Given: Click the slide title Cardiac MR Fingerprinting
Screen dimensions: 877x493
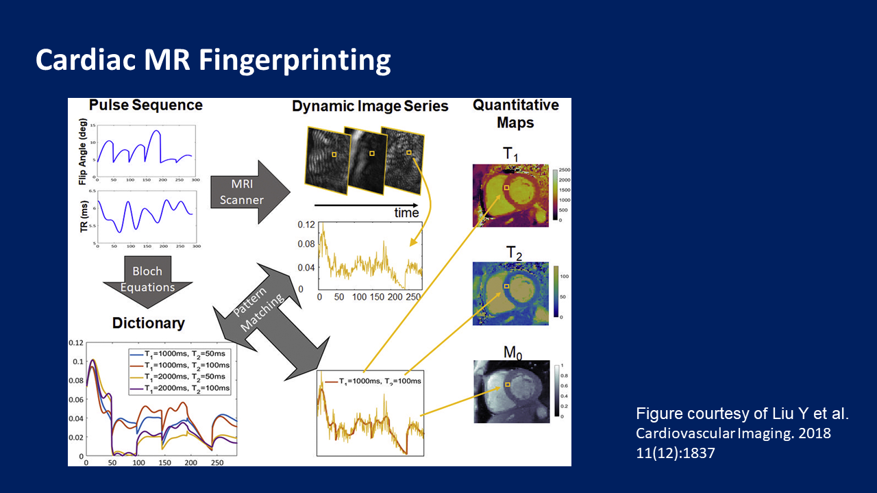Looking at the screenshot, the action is tap(213, 60).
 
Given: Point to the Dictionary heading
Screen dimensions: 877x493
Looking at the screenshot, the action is tap(149, 323).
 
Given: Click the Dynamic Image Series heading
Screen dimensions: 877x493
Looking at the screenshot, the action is tap(370, 106).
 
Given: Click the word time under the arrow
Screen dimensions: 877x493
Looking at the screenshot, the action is tap(406, 213).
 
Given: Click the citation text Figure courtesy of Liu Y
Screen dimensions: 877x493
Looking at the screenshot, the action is tap(742, 414).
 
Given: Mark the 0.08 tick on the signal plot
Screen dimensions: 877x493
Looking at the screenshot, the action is tap(306, 244).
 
